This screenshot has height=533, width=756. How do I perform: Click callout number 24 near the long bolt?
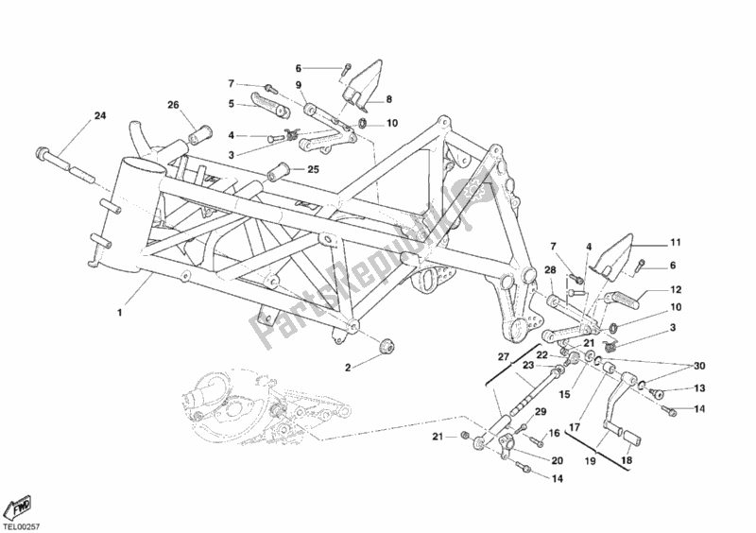coord(99,117)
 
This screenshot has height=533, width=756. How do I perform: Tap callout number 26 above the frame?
coord(173,105)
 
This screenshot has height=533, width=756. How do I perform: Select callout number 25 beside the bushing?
coord(313,170)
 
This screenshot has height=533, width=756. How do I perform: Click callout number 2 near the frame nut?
coord(348,367)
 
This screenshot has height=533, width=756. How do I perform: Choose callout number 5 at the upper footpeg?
coord(230,103)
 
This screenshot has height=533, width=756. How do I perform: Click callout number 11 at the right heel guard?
coord(676,242)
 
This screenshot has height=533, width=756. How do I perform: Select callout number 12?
coord(677,290)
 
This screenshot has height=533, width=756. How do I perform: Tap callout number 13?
coord(700,388)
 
